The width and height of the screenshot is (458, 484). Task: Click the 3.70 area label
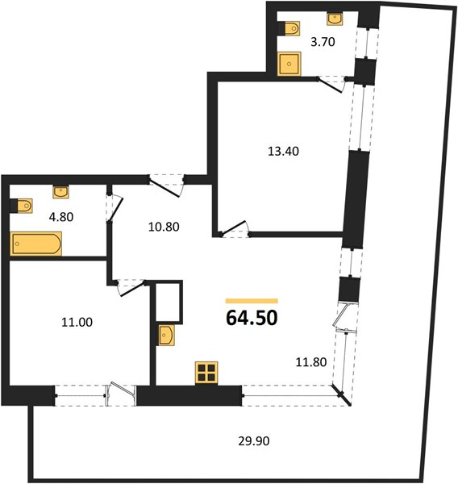[323, 42]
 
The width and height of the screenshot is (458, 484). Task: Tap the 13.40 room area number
[283, 152]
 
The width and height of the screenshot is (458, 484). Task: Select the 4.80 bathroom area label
[61, 217]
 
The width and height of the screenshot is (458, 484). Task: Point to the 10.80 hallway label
[164, 227]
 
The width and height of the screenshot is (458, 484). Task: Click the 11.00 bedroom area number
[77, 322]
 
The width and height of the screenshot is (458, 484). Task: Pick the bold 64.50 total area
[252, 318]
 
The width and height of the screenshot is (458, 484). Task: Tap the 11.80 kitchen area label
[311, 361]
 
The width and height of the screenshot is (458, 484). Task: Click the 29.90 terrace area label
[254, 441]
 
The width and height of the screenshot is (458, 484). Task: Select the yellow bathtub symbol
[36, 244]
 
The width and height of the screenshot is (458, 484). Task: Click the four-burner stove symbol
[206, 373]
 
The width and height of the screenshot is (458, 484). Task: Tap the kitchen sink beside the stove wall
[167, 335]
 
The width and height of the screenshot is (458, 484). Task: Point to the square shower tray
[289, 64]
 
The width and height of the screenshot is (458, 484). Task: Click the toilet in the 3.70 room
[289, 29]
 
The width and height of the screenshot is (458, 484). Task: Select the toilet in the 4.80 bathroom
[22, 206]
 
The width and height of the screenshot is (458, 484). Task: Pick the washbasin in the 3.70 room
[335, 19]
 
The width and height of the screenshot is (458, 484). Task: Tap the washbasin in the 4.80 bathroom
[60, 192]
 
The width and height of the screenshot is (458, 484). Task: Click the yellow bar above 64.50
[252, 301]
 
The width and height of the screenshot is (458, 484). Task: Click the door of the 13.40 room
[234, 228]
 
